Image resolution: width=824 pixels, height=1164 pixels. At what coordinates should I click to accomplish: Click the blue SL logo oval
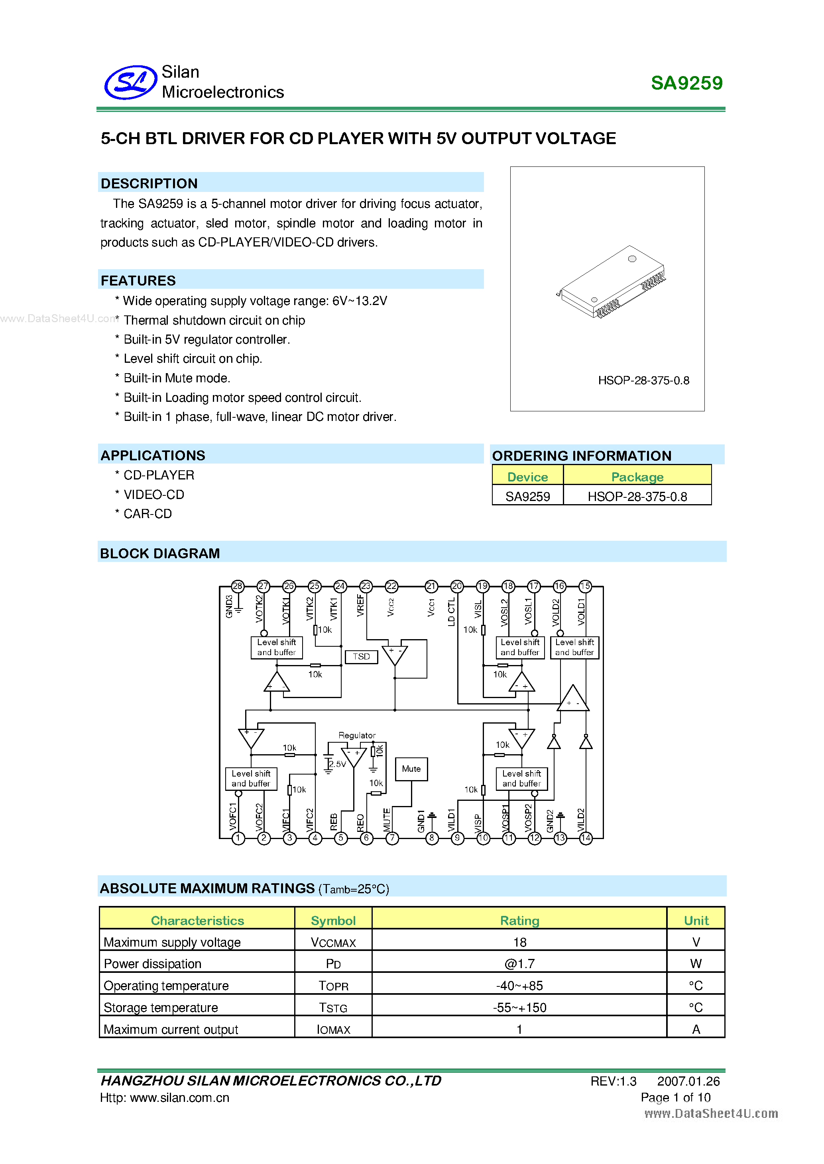(130, 82)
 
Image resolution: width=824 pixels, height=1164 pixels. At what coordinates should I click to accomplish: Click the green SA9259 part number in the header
(686, 83)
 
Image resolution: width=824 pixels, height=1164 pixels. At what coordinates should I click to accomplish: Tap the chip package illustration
(612, 282)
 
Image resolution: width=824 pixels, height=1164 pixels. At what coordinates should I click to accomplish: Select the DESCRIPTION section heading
(149, 184)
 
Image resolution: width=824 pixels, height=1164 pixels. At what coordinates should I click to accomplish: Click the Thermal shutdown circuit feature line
(214, 321)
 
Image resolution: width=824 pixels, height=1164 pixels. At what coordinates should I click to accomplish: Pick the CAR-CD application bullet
(147, 514)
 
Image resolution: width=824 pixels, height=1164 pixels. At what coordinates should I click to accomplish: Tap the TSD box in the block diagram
(361, 657)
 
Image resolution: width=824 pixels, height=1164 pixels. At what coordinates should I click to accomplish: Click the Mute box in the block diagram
(411, 769)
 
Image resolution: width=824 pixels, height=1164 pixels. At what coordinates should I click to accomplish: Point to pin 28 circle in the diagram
(238, 586)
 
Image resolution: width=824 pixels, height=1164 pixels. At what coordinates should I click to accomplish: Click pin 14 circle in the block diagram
(586, 838)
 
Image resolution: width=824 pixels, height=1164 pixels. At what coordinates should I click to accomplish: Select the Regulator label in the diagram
(357, 735)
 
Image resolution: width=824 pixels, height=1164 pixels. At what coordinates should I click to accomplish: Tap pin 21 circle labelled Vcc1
(431, 586)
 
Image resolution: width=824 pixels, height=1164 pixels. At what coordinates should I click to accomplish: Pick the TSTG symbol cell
(333, 1008)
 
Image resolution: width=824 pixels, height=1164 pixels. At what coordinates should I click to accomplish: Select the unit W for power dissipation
(696, 964)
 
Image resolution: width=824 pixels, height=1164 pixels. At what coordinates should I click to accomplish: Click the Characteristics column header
(197, 921)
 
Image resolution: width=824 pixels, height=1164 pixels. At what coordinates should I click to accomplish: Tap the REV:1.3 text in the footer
(613, 1081)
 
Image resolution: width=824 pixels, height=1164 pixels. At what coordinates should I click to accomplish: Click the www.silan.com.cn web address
(180, 1098)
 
